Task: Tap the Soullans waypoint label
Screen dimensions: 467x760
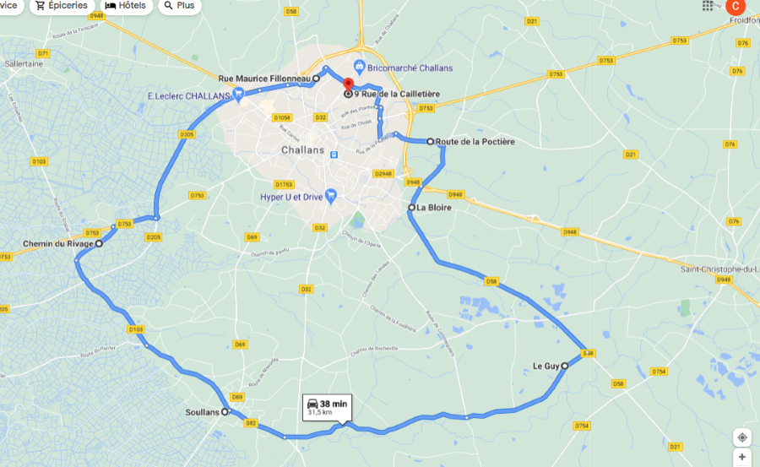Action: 202,413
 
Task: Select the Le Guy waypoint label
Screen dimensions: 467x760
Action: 546,367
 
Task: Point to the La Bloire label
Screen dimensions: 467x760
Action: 434,207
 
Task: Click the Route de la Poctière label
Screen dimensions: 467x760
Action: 475,142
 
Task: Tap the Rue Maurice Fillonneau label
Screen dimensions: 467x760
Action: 264,79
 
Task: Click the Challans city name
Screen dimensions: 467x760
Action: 301,149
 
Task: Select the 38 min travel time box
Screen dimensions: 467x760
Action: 326,407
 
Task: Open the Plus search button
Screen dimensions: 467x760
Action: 179,6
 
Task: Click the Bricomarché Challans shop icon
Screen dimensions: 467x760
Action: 360,67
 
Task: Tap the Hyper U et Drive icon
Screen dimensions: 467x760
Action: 331,197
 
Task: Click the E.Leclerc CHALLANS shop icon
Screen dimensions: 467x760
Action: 239,95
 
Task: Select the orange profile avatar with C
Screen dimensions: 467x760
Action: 736,5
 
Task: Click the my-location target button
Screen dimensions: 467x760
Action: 741,437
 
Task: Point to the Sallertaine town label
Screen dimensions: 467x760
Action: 24,63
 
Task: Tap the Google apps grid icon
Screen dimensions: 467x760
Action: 708,5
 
